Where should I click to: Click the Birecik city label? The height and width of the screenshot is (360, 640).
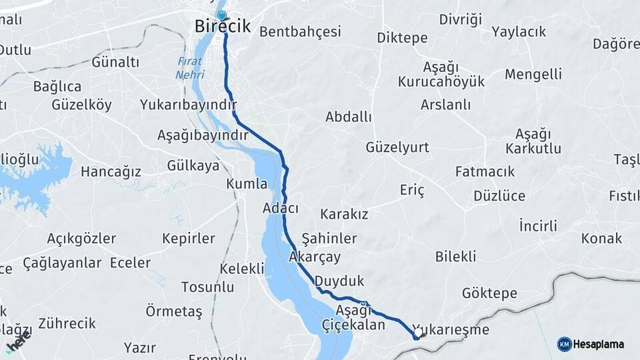tap(223, 27)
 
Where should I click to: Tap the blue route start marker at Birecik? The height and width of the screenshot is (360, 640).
tap(222, 15)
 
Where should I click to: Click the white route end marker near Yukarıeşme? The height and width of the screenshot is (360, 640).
tap(418, 331)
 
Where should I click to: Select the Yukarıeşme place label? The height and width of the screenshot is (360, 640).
tap(451, 330)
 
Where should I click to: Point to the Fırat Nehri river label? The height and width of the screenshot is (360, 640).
tap(190, 68)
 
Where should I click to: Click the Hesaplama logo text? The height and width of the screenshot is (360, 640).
tap(599, 345)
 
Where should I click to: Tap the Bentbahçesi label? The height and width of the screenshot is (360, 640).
tap(300, 31)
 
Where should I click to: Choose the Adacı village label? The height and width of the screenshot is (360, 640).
tap(281, 209)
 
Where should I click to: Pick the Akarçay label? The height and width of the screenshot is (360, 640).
tap(315, 257)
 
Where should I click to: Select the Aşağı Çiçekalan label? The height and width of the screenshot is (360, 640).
tap(353, 317)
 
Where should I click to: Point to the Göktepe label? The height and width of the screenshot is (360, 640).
tap(489, 293)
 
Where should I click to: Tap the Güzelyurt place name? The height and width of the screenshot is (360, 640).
tap(397, 147)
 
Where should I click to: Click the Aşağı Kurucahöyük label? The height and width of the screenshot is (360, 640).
tap(441, 74)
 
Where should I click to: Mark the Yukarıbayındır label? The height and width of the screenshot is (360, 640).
tap(189, 105)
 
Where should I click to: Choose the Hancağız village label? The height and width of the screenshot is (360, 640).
tap(111, 172)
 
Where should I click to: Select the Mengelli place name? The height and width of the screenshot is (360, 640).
tap(533, 74)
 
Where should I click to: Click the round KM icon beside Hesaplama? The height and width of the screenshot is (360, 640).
tap(564, 345)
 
